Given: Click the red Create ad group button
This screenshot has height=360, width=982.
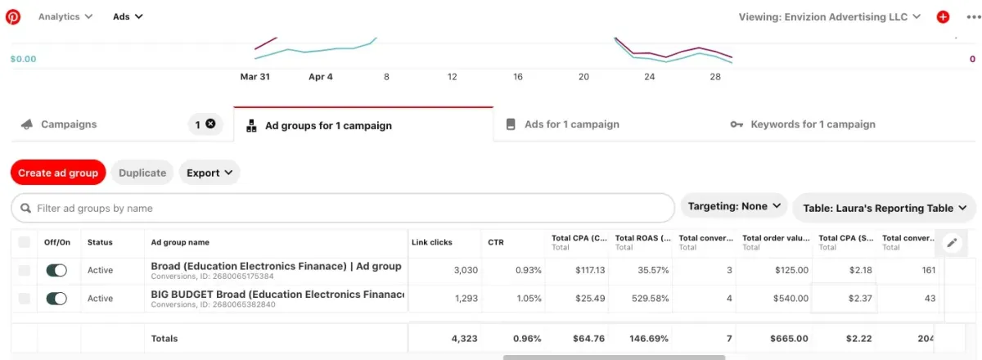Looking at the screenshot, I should coord(58,173).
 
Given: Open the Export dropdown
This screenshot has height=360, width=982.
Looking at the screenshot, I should coord(209,173).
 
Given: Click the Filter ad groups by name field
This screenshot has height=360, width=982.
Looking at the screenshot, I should coord(344,208).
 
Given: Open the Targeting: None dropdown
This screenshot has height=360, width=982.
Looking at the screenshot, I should coord(733,206).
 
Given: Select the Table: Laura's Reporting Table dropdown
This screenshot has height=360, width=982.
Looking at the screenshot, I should coord(884,208).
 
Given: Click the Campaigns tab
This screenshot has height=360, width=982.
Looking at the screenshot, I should coord(69,124).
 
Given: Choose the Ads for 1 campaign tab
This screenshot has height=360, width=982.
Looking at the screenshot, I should coord(571,124).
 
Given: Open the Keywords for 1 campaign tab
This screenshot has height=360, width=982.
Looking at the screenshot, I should coord(813,124).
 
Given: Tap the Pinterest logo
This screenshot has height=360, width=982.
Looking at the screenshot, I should coord(14,16).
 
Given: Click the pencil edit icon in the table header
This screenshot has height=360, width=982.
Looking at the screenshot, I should coord(951,242).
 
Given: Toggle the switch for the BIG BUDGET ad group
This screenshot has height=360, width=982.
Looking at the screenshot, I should coord(56,299).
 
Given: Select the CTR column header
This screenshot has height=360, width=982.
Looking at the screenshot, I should coord(495,242).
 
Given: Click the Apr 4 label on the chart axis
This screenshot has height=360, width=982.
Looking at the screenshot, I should coord(321,77).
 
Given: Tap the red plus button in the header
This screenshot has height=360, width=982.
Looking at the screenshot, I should coord(943,16).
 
